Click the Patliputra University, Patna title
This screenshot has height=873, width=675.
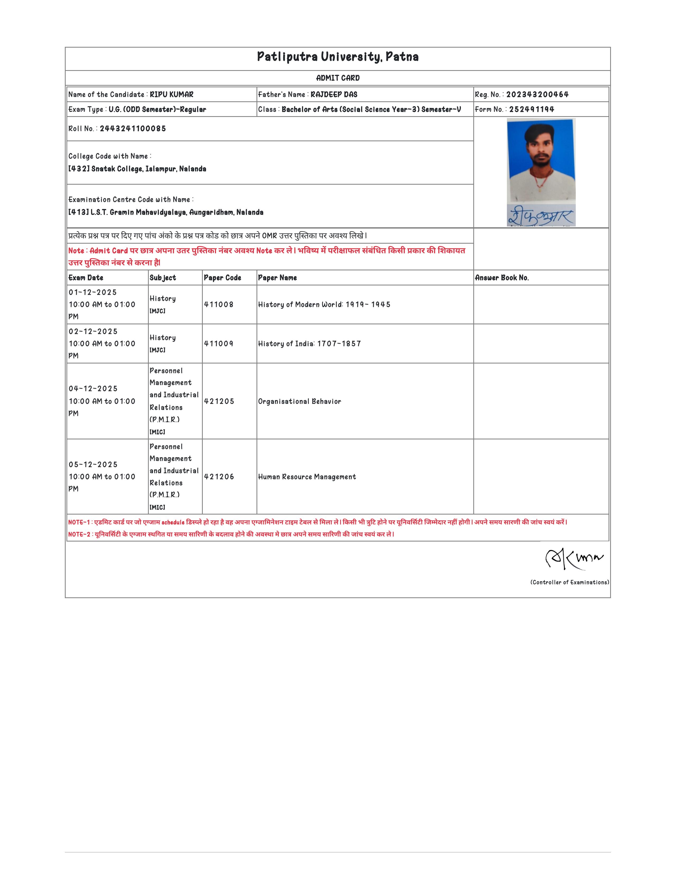pyautogui.click(x=337, y=57)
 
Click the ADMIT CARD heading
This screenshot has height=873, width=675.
pyautogui.click(x=337, y=78)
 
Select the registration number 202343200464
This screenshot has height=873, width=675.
pyautogui.click(x=537, y=95)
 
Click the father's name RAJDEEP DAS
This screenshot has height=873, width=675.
pyautogui.click(x=334, y=95)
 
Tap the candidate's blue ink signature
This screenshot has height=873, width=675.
pyautogui.click(x=541, y=216)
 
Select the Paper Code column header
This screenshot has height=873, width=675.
pyautogui.click(x=222, y=278)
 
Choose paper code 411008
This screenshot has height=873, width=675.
pyautogui.click(x=219, y=304)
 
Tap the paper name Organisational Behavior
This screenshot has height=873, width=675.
pyautogui.click(x=299, y=401)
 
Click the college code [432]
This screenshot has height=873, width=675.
pyautogui.click(x=79, y=169)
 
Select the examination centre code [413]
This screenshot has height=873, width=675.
pyautogui.click(x=78, y=212)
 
